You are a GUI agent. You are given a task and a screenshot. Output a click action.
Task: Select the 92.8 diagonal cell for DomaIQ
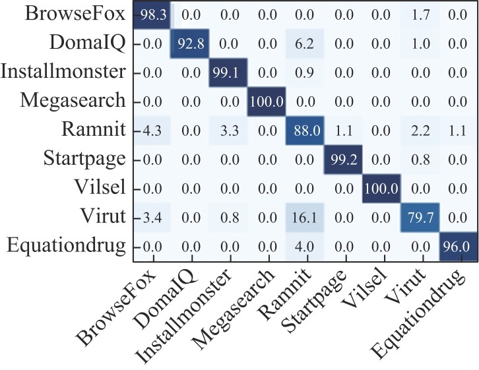coord(190,44)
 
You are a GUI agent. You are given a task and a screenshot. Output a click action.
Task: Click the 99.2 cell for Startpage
coord(342,158)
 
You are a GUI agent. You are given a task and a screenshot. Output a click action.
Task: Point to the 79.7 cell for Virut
coord(418,215)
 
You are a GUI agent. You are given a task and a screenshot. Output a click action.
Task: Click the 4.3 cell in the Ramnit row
coord(152,130)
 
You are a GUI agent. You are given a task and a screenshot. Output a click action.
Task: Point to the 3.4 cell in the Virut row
coord(152,215)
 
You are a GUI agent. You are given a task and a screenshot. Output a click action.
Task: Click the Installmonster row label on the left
coord(62,73)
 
